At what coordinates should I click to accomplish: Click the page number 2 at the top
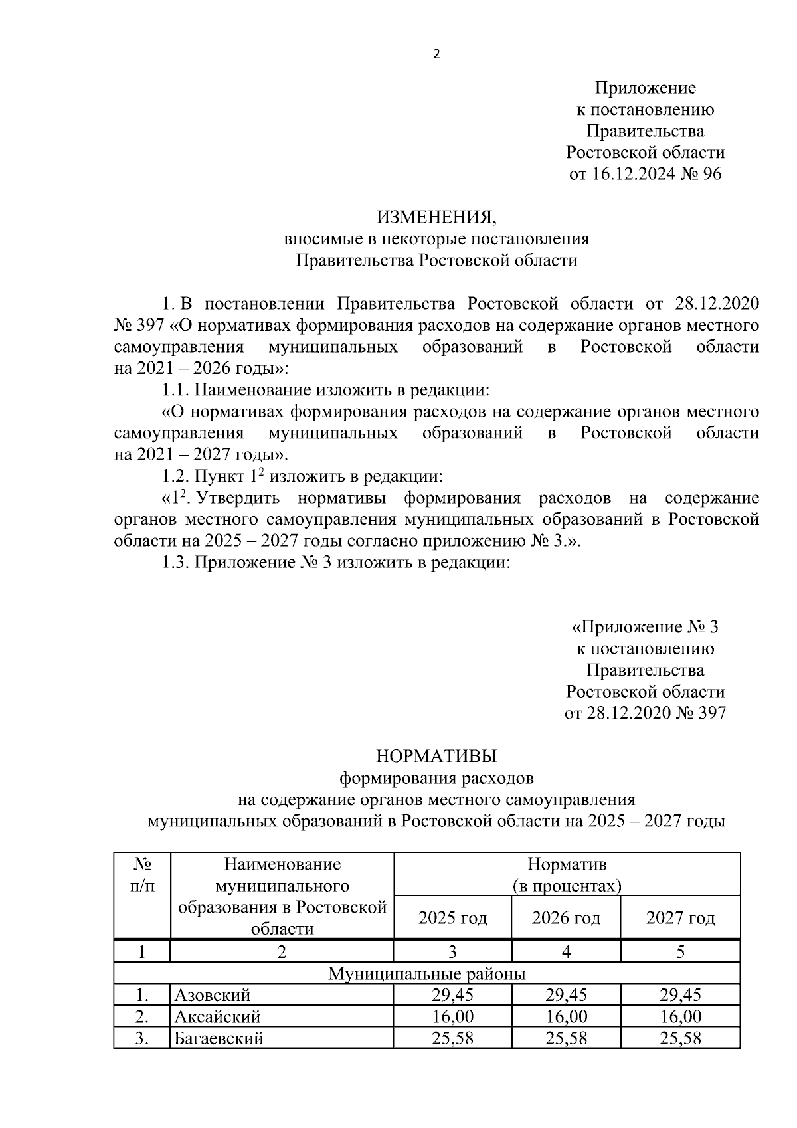coord(436,54)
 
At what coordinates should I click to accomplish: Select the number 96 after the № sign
coord(710,174)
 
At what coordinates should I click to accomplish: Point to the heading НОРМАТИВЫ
coord(436,756)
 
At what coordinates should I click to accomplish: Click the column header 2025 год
coord(452,918)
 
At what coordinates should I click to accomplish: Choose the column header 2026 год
coord(566,918)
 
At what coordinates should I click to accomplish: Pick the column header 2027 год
coord(680,918)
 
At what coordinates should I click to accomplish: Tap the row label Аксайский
coord(217,1016)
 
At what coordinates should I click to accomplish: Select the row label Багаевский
coord(219,1038)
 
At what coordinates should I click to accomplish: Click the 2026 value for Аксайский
coord(566,1016)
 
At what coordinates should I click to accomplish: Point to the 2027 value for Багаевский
coord(680,1038)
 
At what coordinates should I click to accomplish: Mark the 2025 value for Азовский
coord(452,995)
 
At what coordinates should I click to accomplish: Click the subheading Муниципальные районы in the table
coord(427,974)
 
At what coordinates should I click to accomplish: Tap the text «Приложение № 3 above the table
coord(645,627)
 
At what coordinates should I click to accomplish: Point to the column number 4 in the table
coord(566,952)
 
